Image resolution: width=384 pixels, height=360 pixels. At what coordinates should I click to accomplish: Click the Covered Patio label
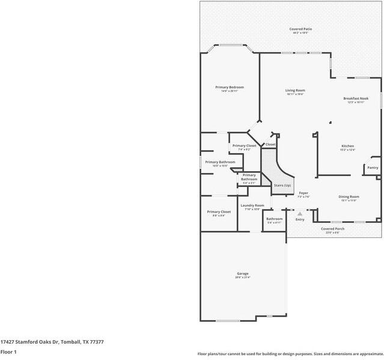tap(300, 29)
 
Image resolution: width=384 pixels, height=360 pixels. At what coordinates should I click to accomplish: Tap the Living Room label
tap(295, 90)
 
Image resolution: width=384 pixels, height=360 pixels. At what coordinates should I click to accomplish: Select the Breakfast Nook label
tap(356, 99)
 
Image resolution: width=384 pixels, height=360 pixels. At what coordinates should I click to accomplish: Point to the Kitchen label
tap(347, 146)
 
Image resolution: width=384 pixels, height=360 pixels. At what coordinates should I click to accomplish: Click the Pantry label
tap(373, 168)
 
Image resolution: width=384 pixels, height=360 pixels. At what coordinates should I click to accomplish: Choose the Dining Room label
tap(349, 197)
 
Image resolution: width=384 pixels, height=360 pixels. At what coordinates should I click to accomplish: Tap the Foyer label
tap(303, 193)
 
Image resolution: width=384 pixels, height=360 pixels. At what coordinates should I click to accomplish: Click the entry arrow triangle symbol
tap(299, 213)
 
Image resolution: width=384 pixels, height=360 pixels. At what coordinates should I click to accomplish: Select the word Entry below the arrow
tap(299, 219)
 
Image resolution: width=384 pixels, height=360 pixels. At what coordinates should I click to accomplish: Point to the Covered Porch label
tap(332, 228)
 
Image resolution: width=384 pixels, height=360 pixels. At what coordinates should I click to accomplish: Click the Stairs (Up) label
tap(282, 185)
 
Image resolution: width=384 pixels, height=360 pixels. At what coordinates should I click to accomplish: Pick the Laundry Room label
tap(252, 205)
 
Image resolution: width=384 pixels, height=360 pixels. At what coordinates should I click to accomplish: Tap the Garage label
tap(242, 273)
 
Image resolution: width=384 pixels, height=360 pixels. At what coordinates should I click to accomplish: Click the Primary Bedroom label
tap(230, 87)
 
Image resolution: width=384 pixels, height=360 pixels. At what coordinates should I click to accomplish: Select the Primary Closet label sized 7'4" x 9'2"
tap(244, 145)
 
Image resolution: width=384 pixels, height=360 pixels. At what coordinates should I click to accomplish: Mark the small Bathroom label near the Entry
tap(274, 219)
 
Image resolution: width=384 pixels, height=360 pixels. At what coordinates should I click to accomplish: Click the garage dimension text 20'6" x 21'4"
tap(242, 278)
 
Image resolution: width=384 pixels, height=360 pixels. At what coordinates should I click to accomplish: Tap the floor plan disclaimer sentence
tap(290, 353)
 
